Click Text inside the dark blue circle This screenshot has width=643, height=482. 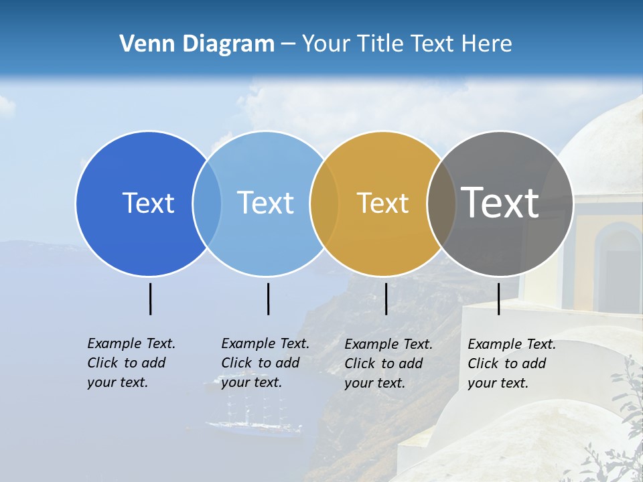click(148, 203)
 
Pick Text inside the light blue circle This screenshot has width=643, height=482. click(265, 203)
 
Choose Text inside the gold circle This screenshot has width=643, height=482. click(382, 203)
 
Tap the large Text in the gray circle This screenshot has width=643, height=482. click(500, 202)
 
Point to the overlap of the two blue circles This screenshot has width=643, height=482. click(207, 204)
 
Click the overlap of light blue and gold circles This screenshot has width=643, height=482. click(324, 204)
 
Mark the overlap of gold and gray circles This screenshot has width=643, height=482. click(441, 204)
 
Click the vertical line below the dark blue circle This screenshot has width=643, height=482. click(150, 299)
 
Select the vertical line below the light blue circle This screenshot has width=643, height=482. click(268, 299)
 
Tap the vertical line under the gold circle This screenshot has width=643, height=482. click(386, 299)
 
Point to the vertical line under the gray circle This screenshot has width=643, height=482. click(498, 299)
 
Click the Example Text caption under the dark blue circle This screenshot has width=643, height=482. click(131, 363)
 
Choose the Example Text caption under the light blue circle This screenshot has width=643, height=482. click(265, 363)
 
